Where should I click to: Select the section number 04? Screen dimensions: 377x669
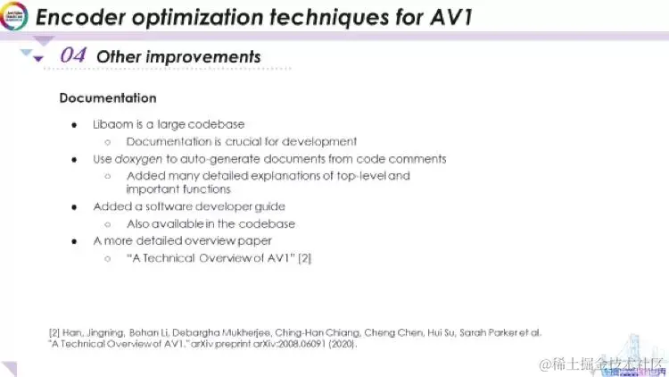pos(73,56)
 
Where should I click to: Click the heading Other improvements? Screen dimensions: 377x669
pos(178,56)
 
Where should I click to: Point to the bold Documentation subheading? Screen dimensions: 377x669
pos(108,98)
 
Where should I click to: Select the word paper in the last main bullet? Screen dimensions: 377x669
pos(253,240)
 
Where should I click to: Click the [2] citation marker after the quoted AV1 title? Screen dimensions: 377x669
pos(304,258)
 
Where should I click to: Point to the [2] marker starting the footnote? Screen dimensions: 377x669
pos(54,332)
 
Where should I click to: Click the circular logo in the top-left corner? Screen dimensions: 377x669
pos(15,15)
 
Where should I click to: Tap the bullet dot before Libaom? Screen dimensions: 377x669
pos(75,124)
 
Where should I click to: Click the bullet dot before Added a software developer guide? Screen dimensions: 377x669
pos(75,206)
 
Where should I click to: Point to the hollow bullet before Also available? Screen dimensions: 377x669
pos(107,223)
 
